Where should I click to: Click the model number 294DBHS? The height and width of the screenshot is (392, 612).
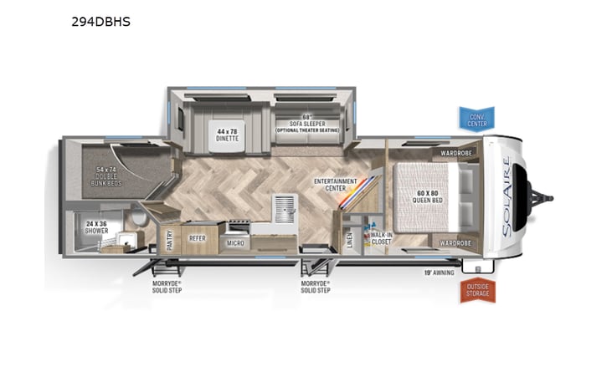click(x=100, y=22)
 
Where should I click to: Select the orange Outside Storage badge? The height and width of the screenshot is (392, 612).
click(x=477, y=290)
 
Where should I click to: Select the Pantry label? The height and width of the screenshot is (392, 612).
click(x=170, y=240)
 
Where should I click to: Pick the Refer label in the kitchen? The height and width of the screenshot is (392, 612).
click(x=198, y=238)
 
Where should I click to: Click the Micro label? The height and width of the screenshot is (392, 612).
click(x=235, y=243)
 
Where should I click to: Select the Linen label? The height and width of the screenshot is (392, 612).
click(x=349, y=239)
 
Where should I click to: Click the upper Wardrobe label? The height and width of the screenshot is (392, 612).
click(x=453, y=154)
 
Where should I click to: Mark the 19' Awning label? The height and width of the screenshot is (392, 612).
click(x=439, y=272)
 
